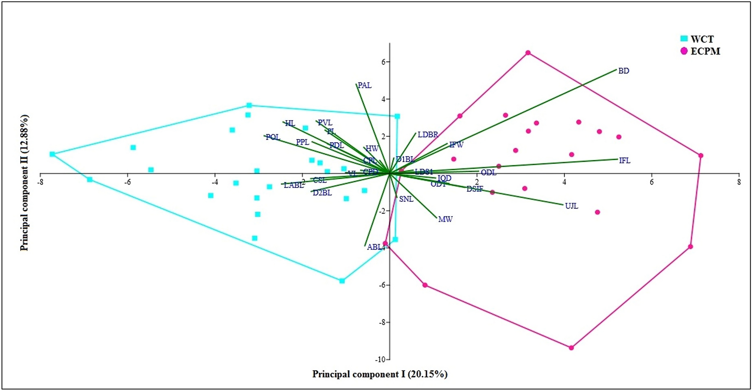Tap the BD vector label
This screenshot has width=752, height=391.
point(623,71)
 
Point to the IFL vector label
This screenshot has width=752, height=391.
point(625,161)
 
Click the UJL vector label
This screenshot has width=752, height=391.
point(571,206)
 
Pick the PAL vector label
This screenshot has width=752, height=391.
point(365,85)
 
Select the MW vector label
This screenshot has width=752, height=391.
point(445,219)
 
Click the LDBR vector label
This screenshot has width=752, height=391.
point(428,135)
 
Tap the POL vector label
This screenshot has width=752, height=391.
point(273,137)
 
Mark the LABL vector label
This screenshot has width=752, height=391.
point(294,185)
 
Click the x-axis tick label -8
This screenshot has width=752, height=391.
point(40,182)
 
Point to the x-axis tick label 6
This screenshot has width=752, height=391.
point(652,182)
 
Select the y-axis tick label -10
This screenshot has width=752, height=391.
point(381,360)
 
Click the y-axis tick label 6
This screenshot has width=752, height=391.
point(384,62)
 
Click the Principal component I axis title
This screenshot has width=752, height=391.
point(380,374)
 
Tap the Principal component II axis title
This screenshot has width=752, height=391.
point(24,183)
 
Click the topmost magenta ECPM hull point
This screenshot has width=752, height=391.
point(528,53)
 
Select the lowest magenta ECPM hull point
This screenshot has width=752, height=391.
point(571,348)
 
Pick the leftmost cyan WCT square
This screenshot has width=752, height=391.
point(52,154)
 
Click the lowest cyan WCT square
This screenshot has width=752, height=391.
point(342,281)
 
